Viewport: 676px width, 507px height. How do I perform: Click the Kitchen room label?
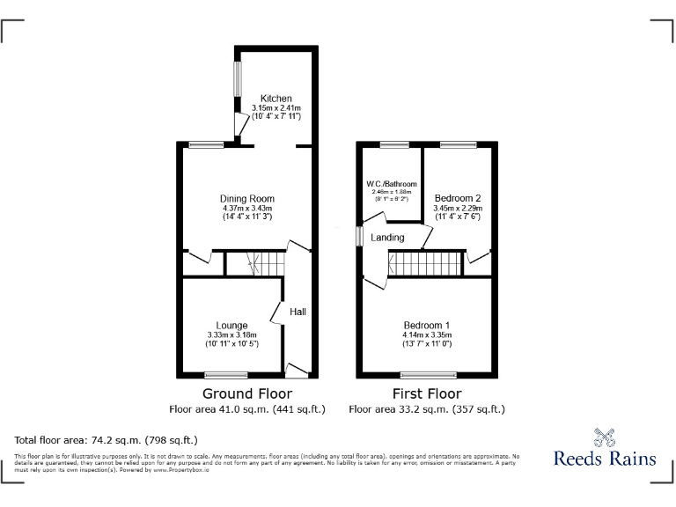tap(276, 98)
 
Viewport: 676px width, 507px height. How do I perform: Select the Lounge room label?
tap(231, 326)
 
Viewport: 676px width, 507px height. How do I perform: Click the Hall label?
tap(298, 312)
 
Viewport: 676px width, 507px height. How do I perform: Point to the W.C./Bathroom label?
tap(392, 184)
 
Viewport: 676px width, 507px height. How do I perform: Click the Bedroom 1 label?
tap(427, 323)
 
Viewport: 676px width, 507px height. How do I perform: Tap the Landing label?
tap(387, 238)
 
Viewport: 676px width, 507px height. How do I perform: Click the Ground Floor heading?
tap(247, 393)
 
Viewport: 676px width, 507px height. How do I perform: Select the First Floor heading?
tap(427, 393)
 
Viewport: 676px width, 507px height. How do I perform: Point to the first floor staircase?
tap(425, 264)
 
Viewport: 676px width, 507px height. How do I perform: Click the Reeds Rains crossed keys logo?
tap(605, 437)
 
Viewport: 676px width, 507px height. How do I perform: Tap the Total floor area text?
tap(106, 439)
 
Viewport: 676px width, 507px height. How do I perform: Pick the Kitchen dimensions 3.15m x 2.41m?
tap(276, 107)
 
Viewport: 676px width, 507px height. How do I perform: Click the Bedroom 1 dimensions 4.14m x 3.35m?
tap(427, 334)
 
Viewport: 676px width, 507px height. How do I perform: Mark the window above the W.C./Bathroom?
tap(393, 143)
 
